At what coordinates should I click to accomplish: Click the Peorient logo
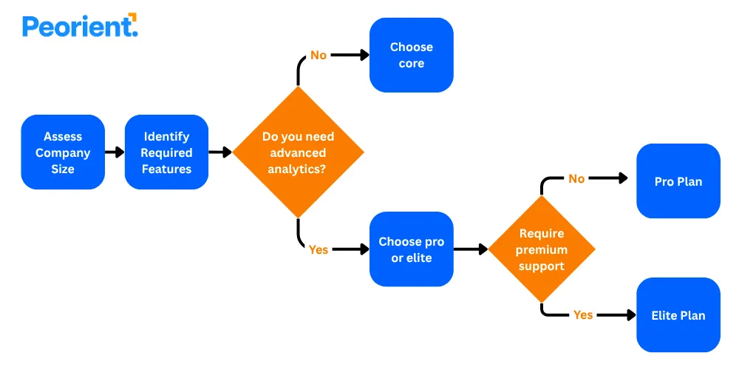pos(80,27)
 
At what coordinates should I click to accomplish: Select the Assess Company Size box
pos(63,152)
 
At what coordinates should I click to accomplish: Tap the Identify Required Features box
pos(166,152)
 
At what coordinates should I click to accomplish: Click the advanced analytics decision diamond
pos(298,152)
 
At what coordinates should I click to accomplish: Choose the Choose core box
pos(411,55)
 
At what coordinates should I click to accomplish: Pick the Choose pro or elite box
pos(411,249)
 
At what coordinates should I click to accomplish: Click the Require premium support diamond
pos(541,249)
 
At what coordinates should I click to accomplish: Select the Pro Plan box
pos(678,181)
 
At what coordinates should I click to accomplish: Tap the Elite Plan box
pos(678,315)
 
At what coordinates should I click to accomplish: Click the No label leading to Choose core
pos(319,55)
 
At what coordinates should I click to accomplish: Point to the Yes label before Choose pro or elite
pos(319,249)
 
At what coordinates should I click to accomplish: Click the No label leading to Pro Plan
pos(576,178)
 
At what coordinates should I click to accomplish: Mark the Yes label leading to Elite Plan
pos(583,314)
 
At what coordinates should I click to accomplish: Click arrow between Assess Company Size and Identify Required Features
pos(115,152)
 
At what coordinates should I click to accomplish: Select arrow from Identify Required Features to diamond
pos(220,152)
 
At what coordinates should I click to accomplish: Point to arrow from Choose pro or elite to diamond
pos(471,249)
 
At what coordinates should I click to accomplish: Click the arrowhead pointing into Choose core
pos(364,55)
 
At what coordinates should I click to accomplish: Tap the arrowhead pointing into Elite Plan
pos(630,314)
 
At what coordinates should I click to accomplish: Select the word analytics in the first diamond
pos(298,169)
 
